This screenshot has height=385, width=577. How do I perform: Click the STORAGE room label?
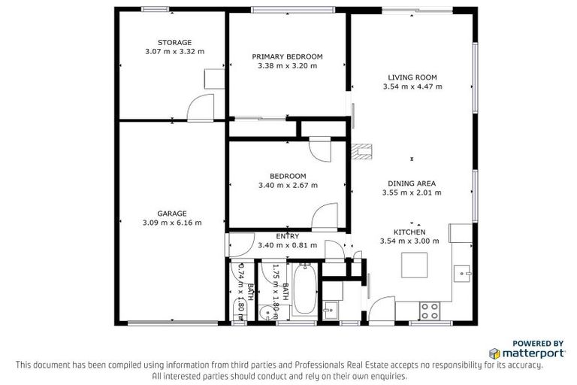click(x=174, y=42)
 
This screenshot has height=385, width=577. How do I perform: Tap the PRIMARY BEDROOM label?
click(x=287, y=56)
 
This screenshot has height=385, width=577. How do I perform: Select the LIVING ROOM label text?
click(x=412, y=77)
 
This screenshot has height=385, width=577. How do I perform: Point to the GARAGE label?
click(x=172, y=213)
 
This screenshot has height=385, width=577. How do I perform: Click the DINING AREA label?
click(x=412, y=183)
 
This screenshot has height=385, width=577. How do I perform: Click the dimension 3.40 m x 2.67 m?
click(x=287, y=185)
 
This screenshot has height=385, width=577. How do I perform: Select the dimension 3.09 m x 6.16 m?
click(x=172, y=223)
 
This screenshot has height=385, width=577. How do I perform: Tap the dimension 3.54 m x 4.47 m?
click(x=412, y=86)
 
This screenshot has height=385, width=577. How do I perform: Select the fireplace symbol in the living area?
click(x=363, y=152)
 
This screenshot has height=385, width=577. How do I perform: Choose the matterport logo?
click(x=526, y=353)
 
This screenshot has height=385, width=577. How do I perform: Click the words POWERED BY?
click(x=538, y=343)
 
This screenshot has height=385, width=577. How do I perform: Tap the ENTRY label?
click(x=287, y=236)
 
